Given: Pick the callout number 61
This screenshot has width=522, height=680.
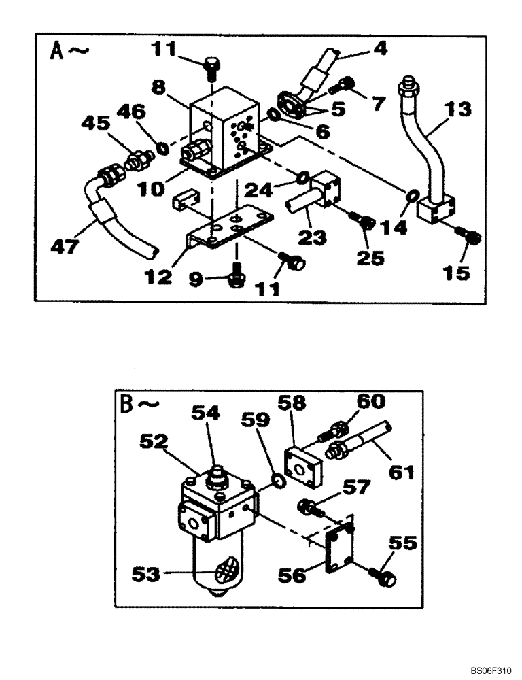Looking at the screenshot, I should tap(401, 471).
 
